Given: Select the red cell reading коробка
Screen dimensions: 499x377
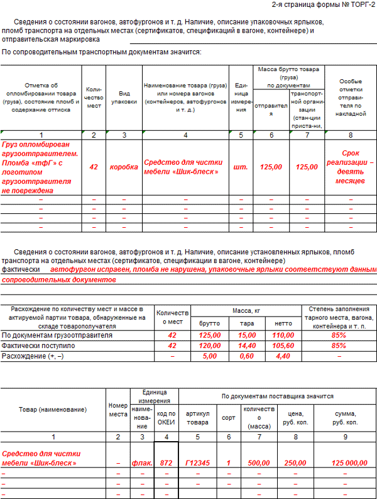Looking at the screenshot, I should tap(124, 167).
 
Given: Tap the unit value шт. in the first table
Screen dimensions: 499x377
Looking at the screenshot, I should tap(241, 167).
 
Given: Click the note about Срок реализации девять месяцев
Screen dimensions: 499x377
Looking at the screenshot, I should tap(350, 167).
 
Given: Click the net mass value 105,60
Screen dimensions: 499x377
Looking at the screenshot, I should tap(283, 345).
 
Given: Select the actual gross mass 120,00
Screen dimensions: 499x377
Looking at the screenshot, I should tap(209, 345).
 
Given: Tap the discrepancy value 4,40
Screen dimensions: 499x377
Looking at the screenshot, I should tap(283, 356).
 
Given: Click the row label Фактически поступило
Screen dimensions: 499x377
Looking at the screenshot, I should tap(38, 345).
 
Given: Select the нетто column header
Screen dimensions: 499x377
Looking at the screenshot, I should tap(283, 323).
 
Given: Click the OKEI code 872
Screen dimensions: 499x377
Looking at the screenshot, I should tap(166, 463).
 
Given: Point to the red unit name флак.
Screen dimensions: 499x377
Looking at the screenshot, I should tap(142, 463).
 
